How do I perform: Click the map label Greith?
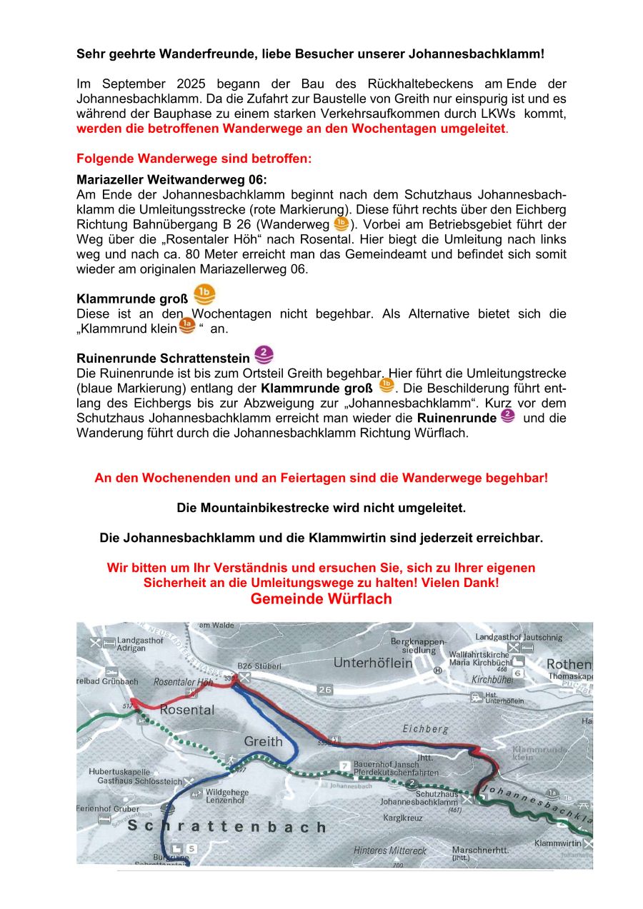[x=264, y=741]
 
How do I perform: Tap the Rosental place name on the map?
[x=186, y=710]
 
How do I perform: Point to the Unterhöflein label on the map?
[x=373, y=663]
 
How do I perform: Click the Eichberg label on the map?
[x=426, y=729]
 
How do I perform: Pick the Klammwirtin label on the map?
[x=558, y=843]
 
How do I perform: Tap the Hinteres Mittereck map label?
[x=390, y=850]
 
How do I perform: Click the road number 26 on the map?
[x=326, y=689]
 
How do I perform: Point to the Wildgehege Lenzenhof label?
[x=226, y=796]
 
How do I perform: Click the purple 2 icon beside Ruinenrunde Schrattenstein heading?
[x=264, y=354]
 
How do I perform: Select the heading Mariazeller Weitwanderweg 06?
[x=171, y=179]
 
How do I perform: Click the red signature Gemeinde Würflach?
[x=321, y=599]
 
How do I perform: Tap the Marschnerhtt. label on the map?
[x=480, y=850]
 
